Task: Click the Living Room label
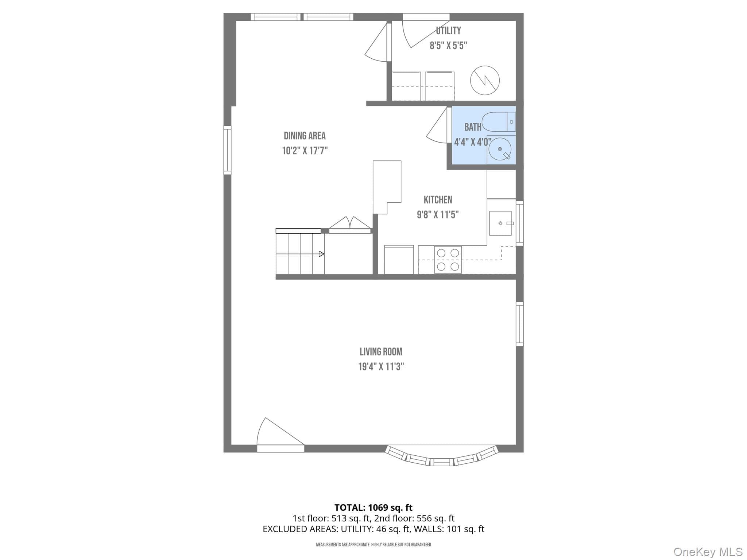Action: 381,352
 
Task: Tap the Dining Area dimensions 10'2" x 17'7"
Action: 305,151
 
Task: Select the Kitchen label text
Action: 438,200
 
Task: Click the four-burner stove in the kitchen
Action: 448,260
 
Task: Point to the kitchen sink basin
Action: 500,223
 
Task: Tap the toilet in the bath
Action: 498,122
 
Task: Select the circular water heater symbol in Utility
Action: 485,81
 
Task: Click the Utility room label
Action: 448,31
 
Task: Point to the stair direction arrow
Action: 300,254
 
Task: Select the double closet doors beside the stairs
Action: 350,223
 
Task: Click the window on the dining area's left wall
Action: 227,150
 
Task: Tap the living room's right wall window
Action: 520,324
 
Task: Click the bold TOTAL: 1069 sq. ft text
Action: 373,507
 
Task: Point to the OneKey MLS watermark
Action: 708,552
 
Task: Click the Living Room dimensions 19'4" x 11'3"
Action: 381,367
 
